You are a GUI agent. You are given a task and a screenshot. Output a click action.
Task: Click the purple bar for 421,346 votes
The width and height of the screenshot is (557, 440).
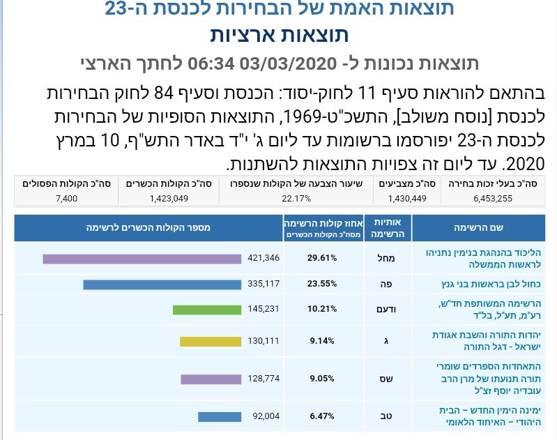pyautogui.click(x=142, y=259)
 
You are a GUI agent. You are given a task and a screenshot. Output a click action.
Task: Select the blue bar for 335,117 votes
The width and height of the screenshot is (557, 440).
pyautogui.click(x=162, y=285)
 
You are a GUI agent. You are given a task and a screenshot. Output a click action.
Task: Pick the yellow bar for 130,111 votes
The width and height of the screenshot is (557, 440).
pyautogui.click(x=211, y=342)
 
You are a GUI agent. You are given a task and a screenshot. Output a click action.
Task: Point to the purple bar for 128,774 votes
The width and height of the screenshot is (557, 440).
pyautogui.click(x=211, y=379)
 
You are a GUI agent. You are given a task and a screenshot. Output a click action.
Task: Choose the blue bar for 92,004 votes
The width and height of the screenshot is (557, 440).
pyautogui.click(x=220, y=417)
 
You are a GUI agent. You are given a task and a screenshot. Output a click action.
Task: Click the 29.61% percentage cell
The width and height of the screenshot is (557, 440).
pyautogui.click(x=322, y=258)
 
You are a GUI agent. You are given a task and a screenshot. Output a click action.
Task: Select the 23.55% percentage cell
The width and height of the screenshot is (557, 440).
pyautogui.click(x=322, y=284)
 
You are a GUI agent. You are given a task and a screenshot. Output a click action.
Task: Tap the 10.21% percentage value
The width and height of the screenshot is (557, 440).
pyautogui.click(x=322, y=310)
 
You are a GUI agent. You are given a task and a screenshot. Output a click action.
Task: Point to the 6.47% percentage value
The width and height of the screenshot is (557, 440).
pyautogui.click(x=322, y=417)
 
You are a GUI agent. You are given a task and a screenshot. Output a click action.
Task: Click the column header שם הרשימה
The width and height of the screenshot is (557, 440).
pyautogui.click(x=483, y=228)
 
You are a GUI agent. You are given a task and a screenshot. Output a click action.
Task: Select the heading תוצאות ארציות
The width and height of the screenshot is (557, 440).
pyautogui.click(x=279, y=34)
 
